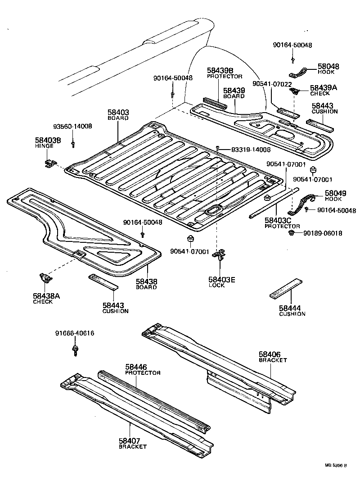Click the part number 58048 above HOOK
pyautogui.click(x=328, y=66)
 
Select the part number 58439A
pyautogui.click(x=323, y=88)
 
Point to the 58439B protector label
pyautogui.click(x=220, y=70)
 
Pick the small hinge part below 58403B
pyautogui.click(x=49, y=163)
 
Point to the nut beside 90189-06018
pyautogui.click(x=292, y=233)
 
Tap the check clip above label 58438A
pyautogui.click(x=47, y=278)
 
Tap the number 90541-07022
pyautogui.click(x=272, y=84)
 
